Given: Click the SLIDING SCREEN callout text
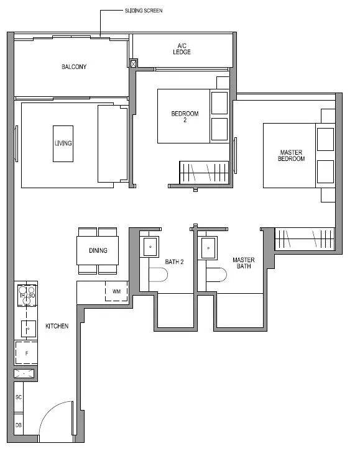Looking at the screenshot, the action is (144, 11).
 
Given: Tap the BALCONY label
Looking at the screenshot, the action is (74, 66).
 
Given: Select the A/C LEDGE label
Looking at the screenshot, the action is (182, 49).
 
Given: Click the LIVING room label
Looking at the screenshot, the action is (63, 143).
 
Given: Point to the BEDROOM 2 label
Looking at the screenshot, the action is (185, 117).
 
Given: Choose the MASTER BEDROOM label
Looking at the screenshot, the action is (291, 155).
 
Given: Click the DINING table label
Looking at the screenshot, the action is (98, 250).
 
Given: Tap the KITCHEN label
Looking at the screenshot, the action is (57, 326).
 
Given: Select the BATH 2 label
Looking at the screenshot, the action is (174, 261).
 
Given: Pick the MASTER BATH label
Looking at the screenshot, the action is (243, 263).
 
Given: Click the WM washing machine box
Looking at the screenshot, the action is (116, 291).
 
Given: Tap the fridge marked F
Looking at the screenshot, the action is (26, 353).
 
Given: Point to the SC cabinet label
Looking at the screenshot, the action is (19, 398).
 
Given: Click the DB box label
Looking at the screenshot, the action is (19, 425).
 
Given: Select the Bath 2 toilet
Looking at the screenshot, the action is (158, 275).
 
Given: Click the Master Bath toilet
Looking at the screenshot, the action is (216, 275).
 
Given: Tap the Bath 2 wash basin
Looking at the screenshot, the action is (150, 247).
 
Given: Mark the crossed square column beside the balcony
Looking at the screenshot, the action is (133, 63).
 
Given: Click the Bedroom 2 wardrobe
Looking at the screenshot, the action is (204, 173).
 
